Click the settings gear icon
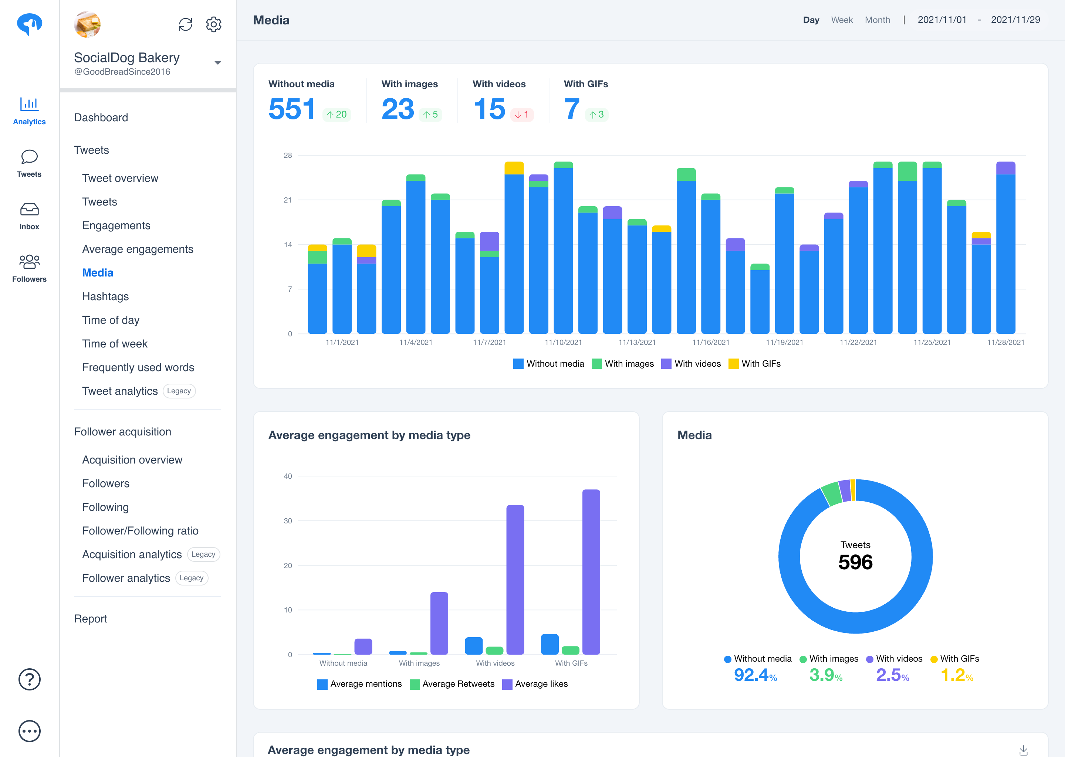[x=214, y=24]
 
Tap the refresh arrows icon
[x=186, y=24]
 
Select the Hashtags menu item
[x=105, y=296]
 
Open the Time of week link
[x=115, y=343]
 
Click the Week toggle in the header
[x=842, y=20]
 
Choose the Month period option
[x=877, y=20]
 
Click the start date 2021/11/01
[x=942, y=20]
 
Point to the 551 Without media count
[x=292, y=109]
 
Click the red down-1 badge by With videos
[x=522, y=115]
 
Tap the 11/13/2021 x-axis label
[x=637, y=343]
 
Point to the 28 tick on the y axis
[x=288, y=155]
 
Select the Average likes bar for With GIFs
[x=591, y=571]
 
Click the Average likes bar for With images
[x=439, y=623]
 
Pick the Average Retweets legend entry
[x=452, y=684]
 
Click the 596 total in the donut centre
[x=855, y=562]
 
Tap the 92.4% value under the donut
[x=755, y=675]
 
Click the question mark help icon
[x=29, y=679]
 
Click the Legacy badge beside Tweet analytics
[x=179, y=391]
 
